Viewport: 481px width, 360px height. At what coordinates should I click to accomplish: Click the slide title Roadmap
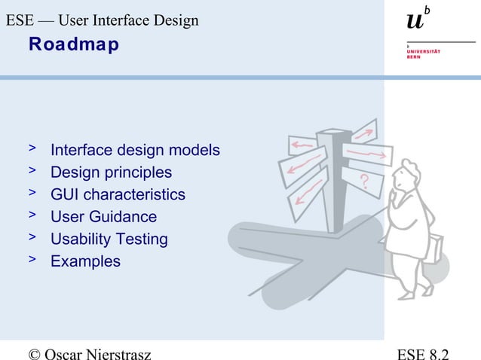click(x=73, y=45)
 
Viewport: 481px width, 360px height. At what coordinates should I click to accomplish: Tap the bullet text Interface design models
click(x=135, y=151)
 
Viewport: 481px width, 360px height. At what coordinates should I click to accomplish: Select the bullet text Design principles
click(x=111, y=172)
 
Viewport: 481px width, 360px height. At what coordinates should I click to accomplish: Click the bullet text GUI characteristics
click(x=118, y=195)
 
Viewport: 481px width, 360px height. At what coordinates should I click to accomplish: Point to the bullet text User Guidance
click(x=103, y=217)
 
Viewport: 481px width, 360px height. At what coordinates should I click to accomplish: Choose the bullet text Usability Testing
click(x=109, y=239)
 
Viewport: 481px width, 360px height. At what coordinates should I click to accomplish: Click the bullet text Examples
click(x=85, y=262)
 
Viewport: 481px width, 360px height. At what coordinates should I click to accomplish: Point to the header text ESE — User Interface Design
click(x=102, y=20)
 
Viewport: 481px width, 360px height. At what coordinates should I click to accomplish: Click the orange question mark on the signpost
click(x=365, y=181)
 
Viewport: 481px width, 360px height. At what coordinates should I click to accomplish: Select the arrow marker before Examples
click(x=32, y=261)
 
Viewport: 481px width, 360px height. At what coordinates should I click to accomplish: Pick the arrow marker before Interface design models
click(x=32, y=149)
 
